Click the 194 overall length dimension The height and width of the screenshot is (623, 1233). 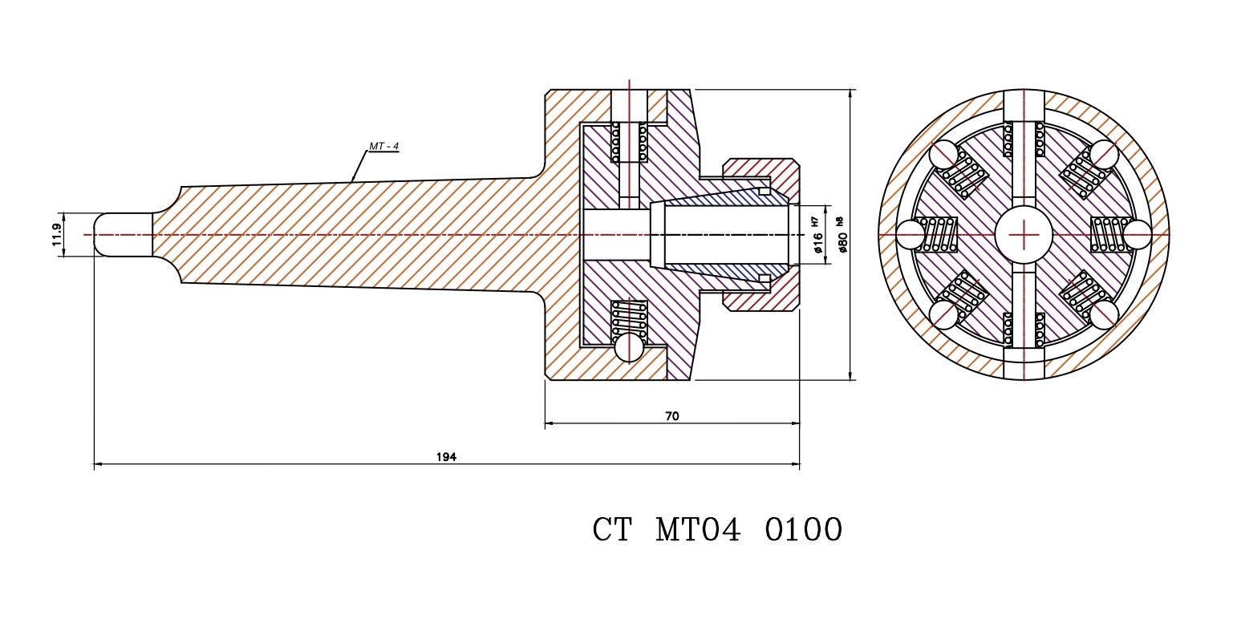(x=446, y=456)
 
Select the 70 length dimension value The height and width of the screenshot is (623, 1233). (x=672, y=416)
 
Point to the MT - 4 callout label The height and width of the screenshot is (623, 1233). (x=383, y=146)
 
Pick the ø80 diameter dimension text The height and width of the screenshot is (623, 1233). (x=842, y=241)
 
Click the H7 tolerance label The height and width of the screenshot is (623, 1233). (x=815, y=218)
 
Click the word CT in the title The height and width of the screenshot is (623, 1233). (x=612, y=530)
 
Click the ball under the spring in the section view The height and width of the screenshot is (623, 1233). (x=629, y=347)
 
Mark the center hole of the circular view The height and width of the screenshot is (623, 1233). (x=1023, y=234)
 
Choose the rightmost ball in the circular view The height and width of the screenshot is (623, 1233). (x=1137, y=235)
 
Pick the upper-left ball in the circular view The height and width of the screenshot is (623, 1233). (x=943, y=155)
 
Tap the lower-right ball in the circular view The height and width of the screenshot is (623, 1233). (x=1103, y=314)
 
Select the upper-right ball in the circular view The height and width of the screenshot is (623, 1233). (x=1103, y=155)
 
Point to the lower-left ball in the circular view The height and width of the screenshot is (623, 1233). (x=943, y=314)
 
